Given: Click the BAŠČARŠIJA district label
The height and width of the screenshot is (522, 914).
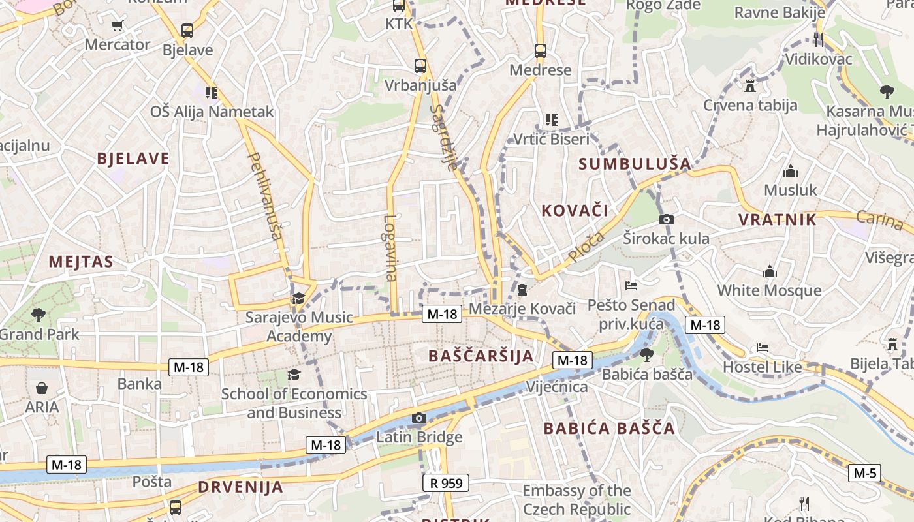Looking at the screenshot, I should (x=481, y=356).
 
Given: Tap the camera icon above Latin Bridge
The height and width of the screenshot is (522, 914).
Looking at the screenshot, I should (x=419, y=418).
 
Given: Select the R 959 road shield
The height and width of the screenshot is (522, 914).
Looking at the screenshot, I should (x=446, y=483).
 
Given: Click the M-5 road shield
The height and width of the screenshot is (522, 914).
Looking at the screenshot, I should (x=864, y=473).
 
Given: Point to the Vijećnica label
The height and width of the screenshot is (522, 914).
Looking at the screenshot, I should (x=557, y=387).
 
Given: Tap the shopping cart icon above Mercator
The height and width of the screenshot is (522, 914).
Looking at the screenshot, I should (x=117, y=26).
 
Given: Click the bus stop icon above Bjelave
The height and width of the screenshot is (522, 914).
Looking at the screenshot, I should (x=187, y=30).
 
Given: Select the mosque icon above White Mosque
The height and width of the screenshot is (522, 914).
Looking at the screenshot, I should (x=770, y=271).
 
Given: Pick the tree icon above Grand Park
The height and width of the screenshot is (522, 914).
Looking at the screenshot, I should (x=39, y=315).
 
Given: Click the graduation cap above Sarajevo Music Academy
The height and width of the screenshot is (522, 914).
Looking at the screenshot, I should (x=298, y=299).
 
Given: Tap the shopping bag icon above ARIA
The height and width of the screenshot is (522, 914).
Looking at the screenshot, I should (x=42, y=388).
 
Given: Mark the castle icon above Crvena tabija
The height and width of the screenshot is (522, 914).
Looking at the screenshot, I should (x=749, y=85).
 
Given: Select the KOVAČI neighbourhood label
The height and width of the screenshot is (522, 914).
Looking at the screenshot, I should (x=575, y=210).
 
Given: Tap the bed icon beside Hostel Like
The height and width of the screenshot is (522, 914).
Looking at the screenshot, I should (x=762, y=348).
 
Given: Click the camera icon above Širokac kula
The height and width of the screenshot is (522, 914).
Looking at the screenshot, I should (x=666, y=220).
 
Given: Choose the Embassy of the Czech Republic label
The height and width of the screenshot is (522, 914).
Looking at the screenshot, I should (x=576, y=499).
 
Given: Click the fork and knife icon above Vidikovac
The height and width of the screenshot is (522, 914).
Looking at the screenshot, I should (x=819, y=39).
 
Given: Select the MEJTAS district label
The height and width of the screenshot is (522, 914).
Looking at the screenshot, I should (x=81, y=262).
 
